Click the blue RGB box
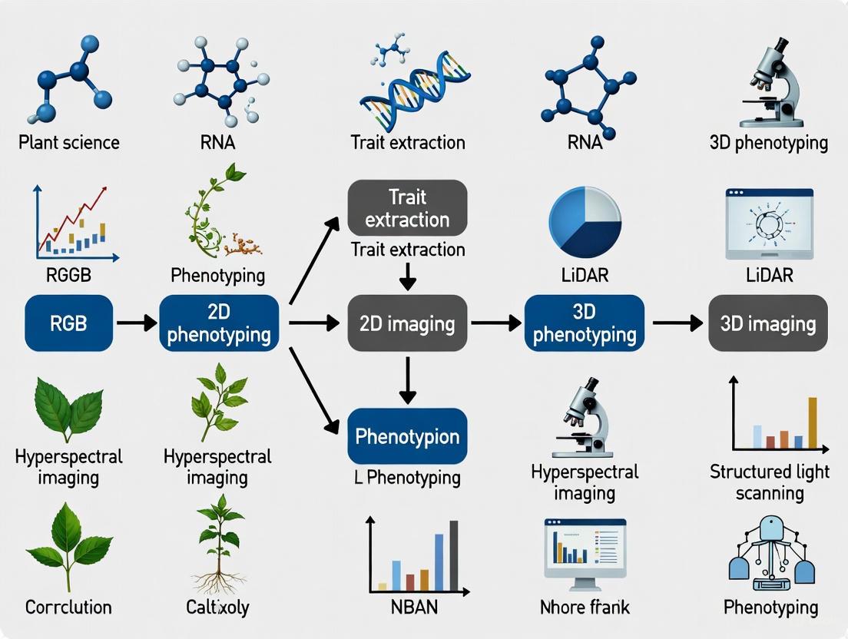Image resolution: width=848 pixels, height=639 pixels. [x=68, y=323]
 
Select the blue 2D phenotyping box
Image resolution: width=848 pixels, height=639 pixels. [x=219, y=323]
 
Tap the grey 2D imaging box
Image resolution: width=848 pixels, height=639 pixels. [x=407, y=323]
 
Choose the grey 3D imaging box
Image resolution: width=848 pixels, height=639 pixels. [x=768, y=323]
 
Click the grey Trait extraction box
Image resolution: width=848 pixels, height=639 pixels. [x=407, y=207]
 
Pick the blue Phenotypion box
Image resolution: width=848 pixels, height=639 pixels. [x=407, y=436]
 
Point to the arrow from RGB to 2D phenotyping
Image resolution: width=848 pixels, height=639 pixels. [x=137, y=323]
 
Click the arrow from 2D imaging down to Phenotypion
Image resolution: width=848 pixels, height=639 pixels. [x=407, y=380]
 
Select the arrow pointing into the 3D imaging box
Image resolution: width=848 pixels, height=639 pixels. [x=677, y=323]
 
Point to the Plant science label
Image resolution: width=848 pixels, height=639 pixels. [x=69, y=143]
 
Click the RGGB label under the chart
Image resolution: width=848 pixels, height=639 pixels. [x=69, y=275]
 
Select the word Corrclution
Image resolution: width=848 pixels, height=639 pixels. [x=68, y=607]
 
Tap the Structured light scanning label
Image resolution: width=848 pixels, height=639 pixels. [x=770, y=482]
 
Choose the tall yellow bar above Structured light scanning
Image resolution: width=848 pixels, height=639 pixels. [x=813, y=422]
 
